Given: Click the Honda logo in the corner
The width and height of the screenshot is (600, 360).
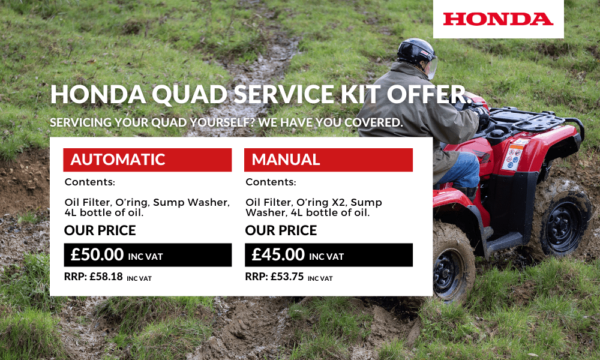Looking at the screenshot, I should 498,19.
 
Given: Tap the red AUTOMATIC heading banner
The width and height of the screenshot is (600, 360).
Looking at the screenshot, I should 147,160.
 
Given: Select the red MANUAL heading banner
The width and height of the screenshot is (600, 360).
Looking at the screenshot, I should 328,160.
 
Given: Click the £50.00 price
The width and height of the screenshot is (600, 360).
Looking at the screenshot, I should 97,254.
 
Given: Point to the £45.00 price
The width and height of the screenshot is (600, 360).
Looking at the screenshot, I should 278,254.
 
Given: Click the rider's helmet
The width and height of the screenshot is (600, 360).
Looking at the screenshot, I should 416,53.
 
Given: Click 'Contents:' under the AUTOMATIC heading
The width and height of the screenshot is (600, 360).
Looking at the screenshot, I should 89,182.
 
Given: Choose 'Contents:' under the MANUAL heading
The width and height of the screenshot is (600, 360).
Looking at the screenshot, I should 271,182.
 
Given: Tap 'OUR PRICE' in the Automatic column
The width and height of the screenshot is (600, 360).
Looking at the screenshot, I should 100,230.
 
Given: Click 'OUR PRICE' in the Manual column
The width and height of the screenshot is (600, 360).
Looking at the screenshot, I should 281,230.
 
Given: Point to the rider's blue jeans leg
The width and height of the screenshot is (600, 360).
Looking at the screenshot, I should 462,171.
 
